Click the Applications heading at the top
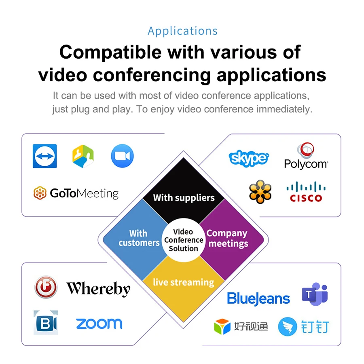click(182, 31)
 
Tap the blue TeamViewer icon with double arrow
click(44, 156)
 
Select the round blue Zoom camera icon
click(122, 156)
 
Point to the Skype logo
click(249, 158)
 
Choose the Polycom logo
click(306, 156)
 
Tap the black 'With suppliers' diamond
click(184, 190)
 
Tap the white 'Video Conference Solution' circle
click(184, 240)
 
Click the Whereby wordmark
click(98, 288)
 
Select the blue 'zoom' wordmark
click(99, 324)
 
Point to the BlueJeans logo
click(258, 298)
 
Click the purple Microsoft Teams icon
click(314, 295)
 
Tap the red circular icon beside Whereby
click(46, 287)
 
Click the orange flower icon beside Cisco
click(260, 192)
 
